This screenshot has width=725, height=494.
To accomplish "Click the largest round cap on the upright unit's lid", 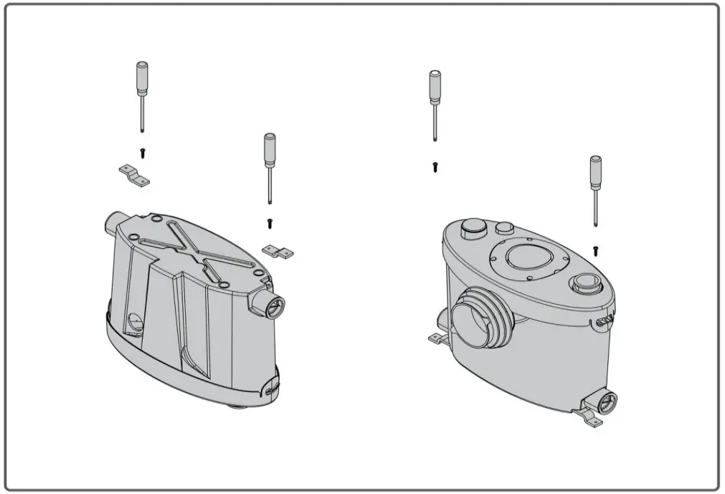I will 473,229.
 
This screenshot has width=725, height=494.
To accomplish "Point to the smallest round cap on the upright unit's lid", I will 505,229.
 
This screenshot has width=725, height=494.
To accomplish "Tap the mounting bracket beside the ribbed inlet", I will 438,336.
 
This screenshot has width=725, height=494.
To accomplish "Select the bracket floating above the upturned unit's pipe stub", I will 133,175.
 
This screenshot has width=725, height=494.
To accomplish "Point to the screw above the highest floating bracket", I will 142,153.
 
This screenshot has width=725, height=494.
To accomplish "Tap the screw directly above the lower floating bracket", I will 270,223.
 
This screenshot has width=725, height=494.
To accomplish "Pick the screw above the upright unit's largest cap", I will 435,167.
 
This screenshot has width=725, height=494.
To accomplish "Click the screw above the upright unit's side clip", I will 595,250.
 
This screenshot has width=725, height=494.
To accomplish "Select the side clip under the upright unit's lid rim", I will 605,321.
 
